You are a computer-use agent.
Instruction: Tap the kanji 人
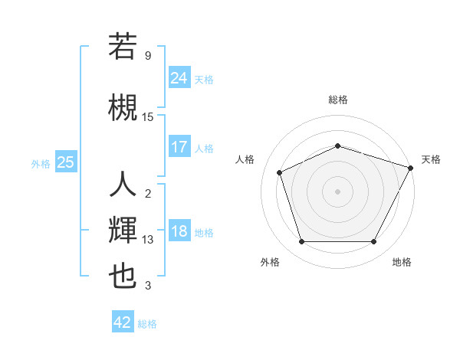pyautogui.click(x=123, y=185)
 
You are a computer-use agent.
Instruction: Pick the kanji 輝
pyautogui.click(x=123, y=231)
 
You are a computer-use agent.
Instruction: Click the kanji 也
pyautogui.click(x=123, y=277)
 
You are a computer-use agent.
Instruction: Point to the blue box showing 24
pyautogui.click(x=179, y=77)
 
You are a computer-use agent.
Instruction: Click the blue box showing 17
pyautogui.click(x=179, y=147)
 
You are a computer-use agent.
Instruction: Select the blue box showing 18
pyautogui.click(x=179, y=231)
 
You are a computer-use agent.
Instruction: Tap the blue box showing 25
pyautogui.click(x=66, y=162)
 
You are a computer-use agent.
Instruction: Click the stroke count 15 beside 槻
pyautogui.click(x=148, y=116)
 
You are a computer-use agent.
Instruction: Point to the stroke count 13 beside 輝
pyautogui.click(x=148, y=240)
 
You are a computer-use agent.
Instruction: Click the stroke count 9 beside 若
pyautogui.click(x=148, y=56)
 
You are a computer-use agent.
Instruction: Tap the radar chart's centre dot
pyautogui.click(x=337, y=191)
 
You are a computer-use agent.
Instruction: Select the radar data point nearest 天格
pyautogui.click(x=412, y=167)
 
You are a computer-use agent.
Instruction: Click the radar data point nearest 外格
pyautogui.click(x=301, y=242)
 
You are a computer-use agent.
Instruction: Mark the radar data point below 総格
pyautogui.click(x=337, y=146)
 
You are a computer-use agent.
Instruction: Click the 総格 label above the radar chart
pyautogui.click(x=337, y=100)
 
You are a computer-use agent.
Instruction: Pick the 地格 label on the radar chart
pyautogui.click(x=402, y=262)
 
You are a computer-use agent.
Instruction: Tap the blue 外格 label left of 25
pyautogui.click(x=41, y=163)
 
